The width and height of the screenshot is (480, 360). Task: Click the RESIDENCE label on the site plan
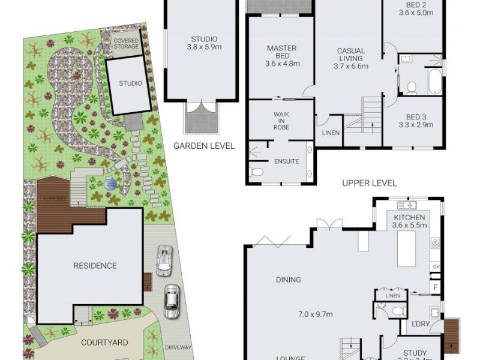95,265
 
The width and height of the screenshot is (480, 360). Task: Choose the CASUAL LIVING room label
350,55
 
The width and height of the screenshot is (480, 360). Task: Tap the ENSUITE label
286,161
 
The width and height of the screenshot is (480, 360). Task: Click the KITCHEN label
410,217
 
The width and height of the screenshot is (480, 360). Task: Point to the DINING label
289,280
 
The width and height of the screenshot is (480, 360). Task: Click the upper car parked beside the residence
163,260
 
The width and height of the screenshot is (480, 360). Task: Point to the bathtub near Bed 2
434,80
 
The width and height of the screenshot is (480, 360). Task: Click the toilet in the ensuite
257,172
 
